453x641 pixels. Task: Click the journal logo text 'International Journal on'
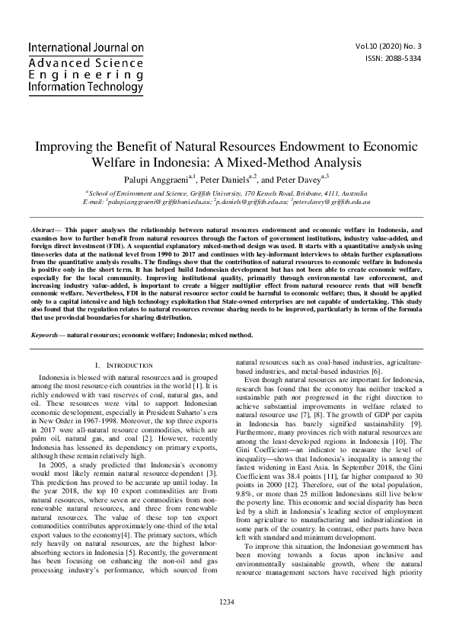point(86,46)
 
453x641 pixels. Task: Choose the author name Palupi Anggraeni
point(157,180)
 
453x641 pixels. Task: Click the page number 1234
point(226,623)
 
